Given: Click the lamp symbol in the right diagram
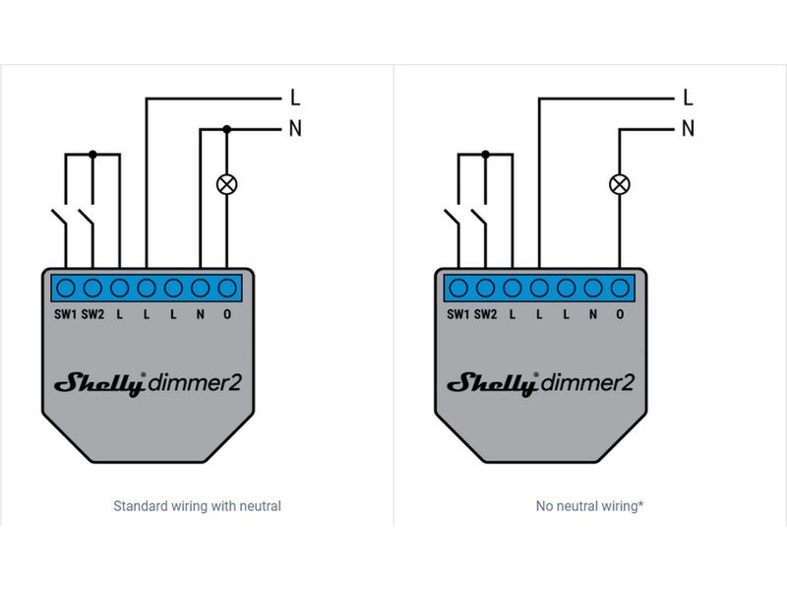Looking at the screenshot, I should pos(620,183).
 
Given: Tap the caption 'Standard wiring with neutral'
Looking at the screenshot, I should pos(197,506).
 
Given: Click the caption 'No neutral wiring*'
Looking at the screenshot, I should pos(589,506).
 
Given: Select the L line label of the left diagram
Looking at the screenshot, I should pos(294,98).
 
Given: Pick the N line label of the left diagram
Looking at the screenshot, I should pos(294,128).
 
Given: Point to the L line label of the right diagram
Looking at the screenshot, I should pos(688,98).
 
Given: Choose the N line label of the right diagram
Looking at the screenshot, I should pos(688,128).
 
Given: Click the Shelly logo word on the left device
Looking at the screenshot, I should pos(99,383).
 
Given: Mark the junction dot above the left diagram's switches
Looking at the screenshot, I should pos(92,154).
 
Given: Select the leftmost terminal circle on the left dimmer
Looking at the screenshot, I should pos(66,288).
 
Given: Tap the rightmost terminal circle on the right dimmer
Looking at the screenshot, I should pos(620,288).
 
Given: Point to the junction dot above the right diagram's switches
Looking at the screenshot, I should pos(485,154).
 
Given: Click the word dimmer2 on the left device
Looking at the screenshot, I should pos(195,383).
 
